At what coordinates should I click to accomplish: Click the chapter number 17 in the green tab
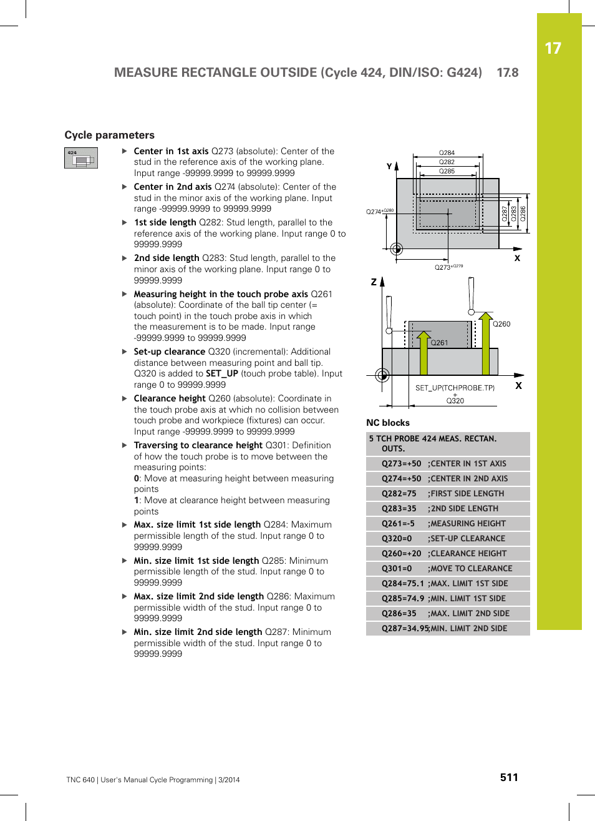[553, 49]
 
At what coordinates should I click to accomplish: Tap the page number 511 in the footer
[509, 777]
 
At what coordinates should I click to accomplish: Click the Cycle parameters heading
[109, 135]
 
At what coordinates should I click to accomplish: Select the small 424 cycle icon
[81, 159]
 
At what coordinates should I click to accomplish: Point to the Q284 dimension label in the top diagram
[447, 152]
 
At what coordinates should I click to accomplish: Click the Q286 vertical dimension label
[523, 214]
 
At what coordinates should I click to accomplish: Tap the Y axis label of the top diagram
[389, 167]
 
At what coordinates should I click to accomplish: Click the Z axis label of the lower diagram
[374, 282]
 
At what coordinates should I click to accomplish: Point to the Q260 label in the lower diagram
[501, 324]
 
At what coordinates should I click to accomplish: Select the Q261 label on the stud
[439, 343]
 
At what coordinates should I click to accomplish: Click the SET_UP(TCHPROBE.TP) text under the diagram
[455, 388]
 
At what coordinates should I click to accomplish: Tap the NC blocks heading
[388, 423]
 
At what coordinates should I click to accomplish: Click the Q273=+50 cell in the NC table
[401, 464]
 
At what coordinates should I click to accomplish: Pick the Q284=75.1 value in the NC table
[402, 584]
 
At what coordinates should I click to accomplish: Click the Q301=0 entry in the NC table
[397, 569]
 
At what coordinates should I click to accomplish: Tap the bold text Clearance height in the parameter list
[170, 398]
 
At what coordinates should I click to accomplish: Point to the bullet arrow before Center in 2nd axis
[125, 187]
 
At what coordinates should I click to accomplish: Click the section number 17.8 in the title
[507, 72]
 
